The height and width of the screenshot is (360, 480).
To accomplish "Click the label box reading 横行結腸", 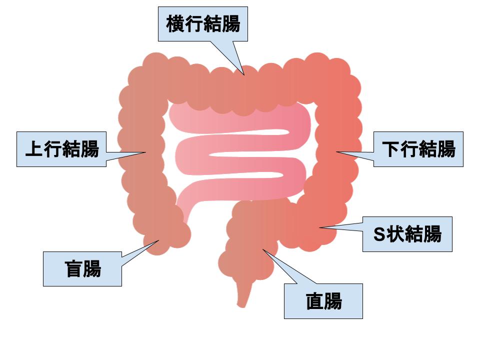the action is coord(203,24).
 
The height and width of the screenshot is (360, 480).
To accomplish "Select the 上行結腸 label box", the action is coord(61,149).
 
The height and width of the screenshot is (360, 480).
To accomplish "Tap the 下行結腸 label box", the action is coord(418,149).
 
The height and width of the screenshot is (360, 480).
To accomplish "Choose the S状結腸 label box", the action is coord(407,234).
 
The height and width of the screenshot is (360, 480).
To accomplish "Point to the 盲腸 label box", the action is coord(82,269).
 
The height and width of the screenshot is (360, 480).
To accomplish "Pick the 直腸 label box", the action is coord(323,301).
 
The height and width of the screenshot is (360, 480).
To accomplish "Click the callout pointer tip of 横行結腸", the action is coord(244,75).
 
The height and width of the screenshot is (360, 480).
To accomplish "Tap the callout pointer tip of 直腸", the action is coord(262,248).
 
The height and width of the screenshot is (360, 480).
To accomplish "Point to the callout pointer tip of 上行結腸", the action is coord(146,152).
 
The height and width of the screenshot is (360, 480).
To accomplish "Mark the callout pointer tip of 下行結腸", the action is coord(336,152).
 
